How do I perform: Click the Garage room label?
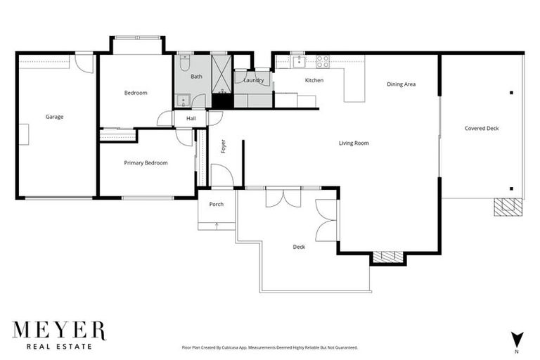pyautogui.click(x=54, y=117)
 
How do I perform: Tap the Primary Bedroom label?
pyautogui.click(x=146, y=163)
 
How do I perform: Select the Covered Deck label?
pyautogui.click(x=482, y=129)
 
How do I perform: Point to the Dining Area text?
pyautogui.click(x=401, y=84)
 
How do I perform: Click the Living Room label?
pyautogui.click(x=354, y=143)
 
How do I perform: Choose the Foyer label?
pyautogui.click(x=224, y=146)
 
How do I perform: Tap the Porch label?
pyautogui.click(x=216, y=205)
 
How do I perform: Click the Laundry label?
pyautogui.click(x=253, y=80)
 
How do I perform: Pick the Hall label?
pyautogui.click(x=191, y=119)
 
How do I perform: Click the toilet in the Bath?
pyautogui.click(x=182, y=64)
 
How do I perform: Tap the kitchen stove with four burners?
pyautogui.click(x=323, y=61)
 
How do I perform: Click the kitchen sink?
pyautogui.click(x=297, y=61)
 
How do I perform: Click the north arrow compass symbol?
pyautogui.click(x=517, y=338)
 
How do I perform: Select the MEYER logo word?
pyautogui.click(x=59, y=330)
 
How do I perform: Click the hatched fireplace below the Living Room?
pyautogui.click(x=389, y=257)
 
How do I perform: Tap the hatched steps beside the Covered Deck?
pyautogui.click(x=508, y=207)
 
